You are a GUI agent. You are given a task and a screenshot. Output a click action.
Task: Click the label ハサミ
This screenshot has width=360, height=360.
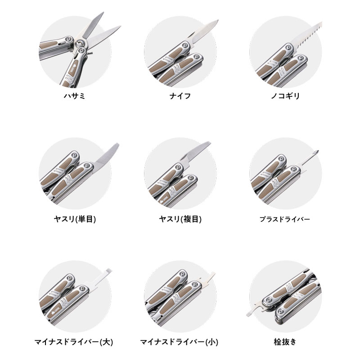[75, 96]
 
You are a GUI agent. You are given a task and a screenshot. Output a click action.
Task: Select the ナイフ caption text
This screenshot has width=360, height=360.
[180, 96]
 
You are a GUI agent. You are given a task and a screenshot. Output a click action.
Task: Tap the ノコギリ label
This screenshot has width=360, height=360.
[285, 96]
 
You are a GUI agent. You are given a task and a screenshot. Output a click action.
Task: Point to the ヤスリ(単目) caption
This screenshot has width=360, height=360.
[75, 220]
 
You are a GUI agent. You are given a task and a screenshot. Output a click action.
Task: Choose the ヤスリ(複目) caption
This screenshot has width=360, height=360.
[180, 220]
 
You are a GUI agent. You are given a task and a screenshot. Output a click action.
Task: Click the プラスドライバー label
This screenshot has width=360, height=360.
[285, 220]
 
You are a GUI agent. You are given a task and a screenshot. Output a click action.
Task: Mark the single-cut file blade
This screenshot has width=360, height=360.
[105, 156]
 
